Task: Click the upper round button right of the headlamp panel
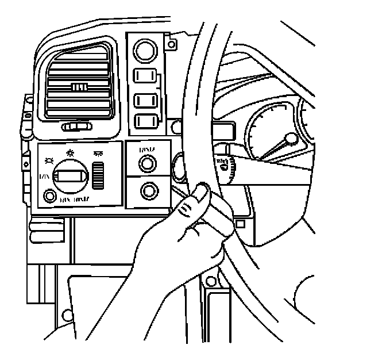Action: coord(148,164)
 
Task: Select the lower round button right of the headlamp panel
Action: coord(150,190)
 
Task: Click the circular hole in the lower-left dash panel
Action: coord(68,314)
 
